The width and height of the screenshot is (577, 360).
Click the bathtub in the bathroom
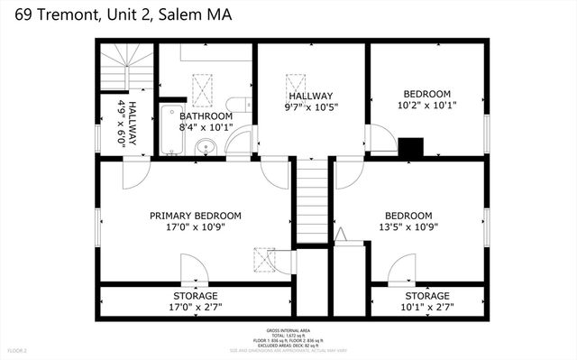point(169,130)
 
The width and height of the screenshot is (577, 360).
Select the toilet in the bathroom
point(236,104)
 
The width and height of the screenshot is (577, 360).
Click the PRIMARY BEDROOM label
point(196,216)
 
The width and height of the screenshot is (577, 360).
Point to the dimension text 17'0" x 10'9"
point(196,227)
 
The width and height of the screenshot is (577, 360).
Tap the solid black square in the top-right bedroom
point(411,146)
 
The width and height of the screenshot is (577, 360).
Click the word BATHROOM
point(206,116)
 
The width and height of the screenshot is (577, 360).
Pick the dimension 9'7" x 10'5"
point(311,107)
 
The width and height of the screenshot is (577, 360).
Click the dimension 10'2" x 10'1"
point(426,105)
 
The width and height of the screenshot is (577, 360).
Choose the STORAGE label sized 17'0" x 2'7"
point(196,296)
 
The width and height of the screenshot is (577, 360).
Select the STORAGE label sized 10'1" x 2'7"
point(426,296)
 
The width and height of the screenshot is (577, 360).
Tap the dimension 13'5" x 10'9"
point(408,227)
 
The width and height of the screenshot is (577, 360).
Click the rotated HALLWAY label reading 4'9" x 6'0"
point(125,125)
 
